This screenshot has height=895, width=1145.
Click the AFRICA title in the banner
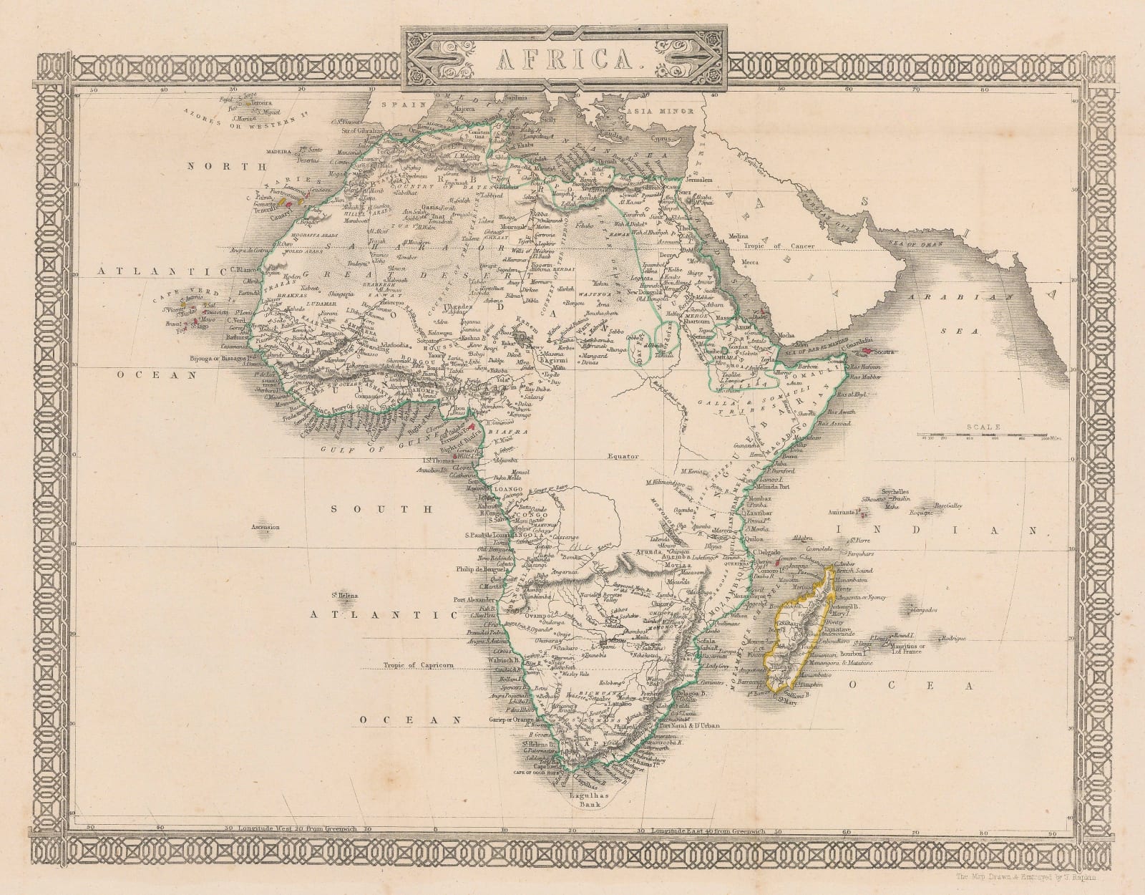pyautogui.click(x=565, y=56)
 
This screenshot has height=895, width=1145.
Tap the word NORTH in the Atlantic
pyautogui.click(x=212, y=165)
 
